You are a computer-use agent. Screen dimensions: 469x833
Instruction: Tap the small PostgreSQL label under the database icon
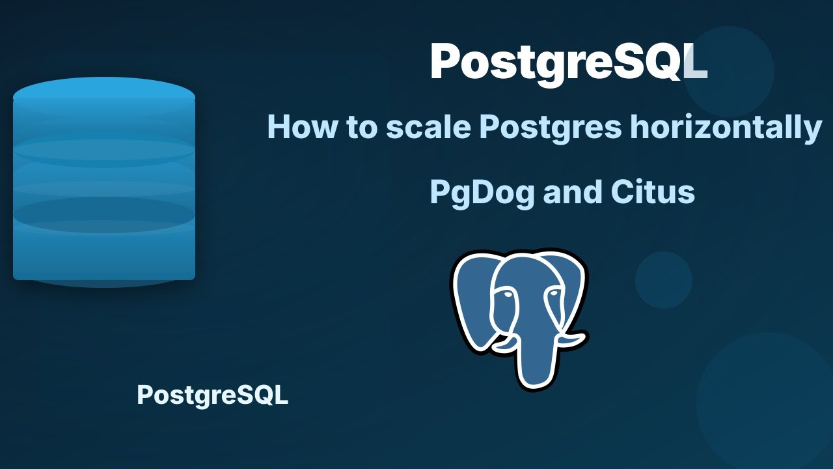tap(212, 395)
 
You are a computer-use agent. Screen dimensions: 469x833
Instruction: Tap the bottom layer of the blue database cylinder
tap(104, 257)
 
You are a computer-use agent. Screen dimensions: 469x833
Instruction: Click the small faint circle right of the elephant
tap(663, 279)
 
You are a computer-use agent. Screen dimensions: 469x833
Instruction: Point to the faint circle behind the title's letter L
tap(729, 72)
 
